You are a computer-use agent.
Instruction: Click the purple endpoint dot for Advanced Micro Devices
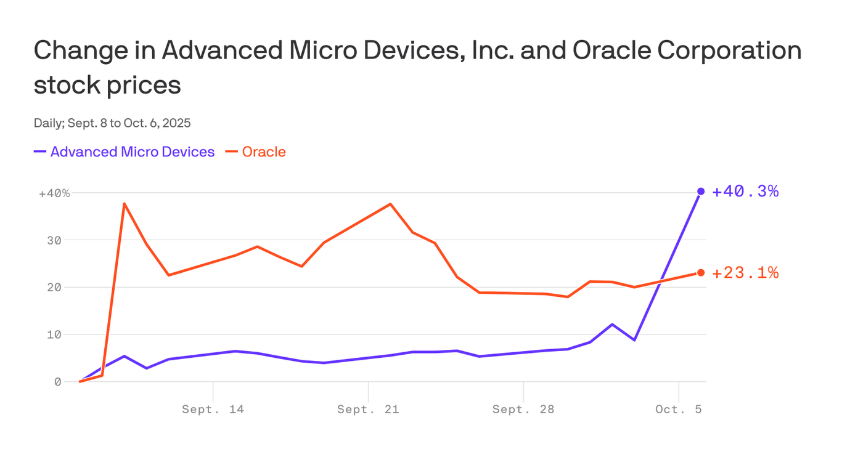click(x=701, y=192)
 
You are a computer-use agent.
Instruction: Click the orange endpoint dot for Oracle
click(x=701, y=273)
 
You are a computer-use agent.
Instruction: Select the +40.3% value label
click(x=745, y=192)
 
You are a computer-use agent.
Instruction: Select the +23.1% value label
click(x=745, y=273)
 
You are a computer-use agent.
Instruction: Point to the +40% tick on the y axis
click(x=54, y=193)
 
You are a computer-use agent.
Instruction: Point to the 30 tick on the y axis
click(x=54, y=240)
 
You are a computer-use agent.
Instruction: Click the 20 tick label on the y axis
click(x=54, y=288)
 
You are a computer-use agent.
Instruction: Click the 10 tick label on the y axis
click(x=54, y=334)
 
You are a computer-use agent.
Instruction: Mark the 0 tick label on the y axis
click(x=57, y=382)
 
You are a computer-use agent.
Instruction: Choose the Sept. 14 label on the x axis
click(x=213, y=410)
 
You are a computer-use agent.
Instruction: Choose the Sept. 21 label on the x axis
click(x=368, y=410)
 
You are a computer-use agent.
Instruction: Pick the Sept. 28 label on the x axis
click(x=523, y=410)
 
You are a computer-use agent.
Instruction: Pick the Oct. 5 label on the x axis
click(x=678, y=410)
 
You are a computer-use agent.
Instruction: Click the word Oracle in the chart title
click(x=611, y=51)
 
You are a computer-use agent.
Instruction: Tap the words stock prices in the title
click(x=107, y=85)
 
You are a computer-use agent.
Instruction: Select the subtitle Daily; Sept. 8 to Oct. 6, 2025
click(x=112, y=123)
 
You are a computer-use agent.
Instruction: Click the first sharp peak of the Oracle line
click(x=125, y=204)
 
